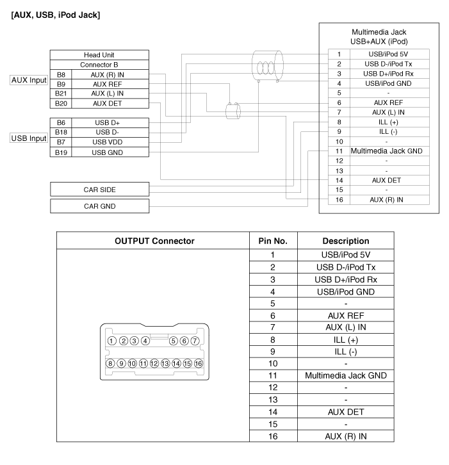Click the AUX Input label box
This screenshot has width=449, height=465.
point(29,81)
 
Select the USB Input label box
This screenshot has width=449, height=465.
point(29,137)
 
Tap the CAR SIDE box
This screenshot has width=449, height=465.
point(99,190)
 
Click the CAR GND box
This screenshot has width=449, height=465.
point(99,206)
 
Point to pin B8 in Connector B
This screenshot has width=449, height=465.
point(61,74)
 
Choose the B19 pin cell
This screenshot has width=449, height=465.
point(61,152)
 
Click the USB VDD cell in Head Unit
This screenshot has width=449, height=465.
point(108,142)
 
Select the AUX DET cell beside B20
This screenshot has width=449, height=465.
point(108,103)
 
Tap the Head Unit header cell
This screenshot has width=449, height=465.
point(99,55)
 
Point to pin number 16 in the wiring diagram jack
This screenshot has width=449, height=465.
point(338,200)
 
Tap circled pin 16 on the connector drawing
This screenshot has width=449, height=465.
point(199,363)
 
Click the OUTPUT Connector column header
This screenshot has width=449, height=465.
point(153,241)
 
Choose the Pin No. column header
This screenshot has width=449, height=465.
point(273,241)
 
